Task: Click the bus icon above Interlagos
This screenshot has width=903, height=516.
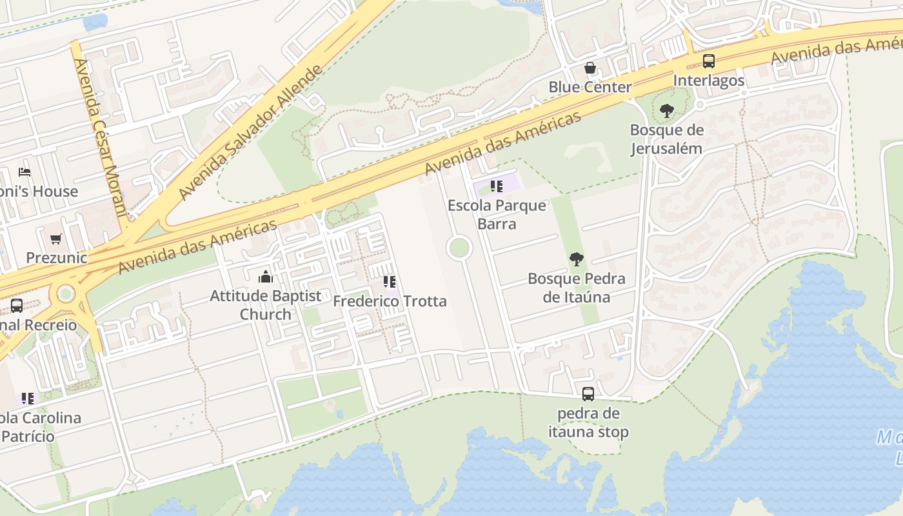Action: (708, 61)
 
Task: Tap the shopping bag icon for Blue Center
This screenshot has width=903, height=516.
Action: (590, 68)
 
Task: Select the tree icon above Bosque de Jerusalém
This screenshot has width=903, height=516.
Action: (666, 111)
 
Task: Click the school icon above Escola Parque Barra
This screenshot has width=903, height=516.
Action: (496, 186)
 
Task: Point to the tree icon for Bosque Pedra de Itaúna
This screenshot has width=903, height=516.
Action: (576, 259)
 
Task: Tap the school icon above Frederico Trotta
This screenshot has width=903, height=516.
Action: (389, 282)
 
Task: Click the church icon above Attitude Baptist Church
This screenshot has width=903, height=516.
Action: (265, 277)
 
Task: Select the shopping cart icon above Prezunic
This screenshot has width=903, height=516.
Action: (56, 239)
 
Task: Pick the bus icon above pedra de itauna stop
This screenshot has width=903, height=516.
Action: (588, 393)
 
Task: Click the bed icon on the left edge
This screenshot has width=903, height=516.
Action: (25, 172)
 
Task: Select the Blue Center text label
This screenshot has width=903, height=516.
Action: (590, 87)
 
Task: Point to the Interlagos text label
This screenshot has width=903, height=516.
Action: (708, 81)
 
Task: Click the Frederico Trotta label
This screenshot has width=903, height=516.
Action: (389, 301)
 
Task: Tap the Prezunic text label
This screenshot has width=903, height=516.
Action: (56, 258)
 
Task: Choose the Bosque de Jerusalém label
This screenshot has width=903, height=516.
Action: (666, 139)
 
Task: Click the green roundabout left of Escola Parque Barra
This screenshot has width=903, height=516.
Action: (459, 248)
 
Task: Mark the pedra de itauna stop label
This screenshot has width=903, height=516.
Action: (588, 422)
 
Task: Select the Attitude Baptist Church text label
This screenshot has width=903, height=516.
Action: (265, 305)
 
